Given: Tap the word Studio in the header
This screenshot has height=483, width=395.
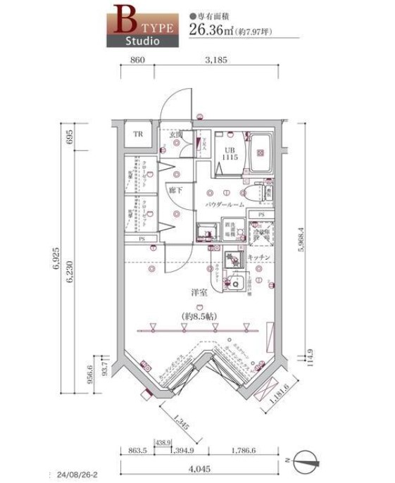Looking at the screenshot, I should pos(142,41).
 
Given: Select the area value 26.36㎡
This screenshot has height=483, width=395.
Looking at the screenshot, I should pos(211,29).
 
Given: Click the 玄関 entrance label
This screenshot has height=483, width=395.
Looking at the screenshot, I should pos(175,134).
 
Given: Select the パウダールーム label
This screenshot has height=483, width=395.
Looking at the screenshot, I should pos(225,204).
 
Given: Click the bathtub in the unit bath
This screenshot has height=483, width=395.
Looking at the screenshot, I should pos(261,153).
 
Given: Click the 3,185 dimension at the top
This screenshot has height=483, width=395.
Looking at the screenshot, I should pos(215,61).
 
